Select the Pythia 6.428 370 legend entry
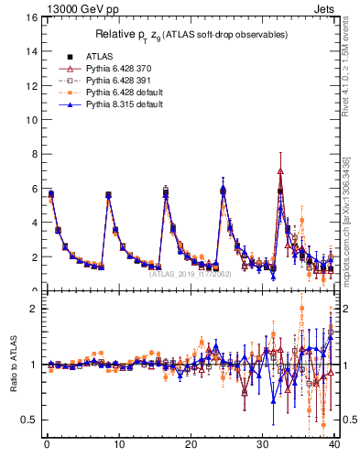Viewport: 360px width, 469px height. point(115,68)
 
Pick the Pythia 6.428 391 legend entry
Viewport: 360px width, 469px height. point(115,81)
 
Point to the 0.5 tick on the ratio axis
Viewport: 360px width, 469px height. point(29,420)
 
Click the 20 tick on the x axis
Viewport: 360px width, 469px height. point(191,447)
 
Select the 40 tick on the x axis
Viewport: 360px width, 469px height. point(334,447)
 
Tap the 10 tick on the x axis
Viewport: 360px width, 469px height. point(118,447)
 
